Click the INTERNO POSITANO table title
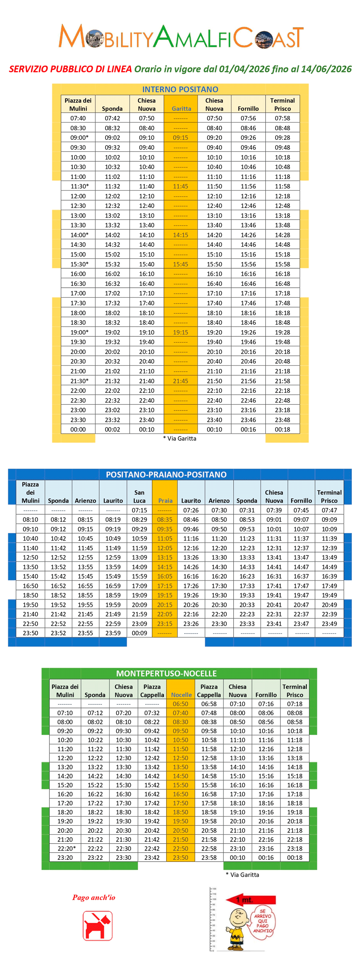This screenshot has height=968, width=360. coord(180,89)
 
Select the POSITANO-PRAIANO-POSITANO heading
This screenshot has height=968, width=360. coord(166,474)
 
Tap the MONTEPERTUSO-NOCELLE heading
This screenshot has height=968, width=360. coord(166,673)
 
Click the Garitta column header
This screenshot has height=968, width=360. coord(181,109)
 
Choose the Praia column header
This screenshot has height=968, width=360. coord(165,501)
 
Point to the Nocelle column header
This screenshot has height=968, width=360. coord(181,695)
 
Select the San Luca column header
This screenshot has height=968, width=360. coord(139,496)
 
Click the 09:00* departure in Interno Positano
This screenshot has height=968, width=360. coord(79,138)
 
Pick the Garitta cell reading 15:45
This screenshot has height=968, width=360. coord(180,264)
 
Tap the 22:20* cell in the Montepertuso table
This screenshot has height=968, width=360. coord(66,848)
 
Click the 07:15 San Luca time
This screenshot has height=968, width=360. coord(139,510)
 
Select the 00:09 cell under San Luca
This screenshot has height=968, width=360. coord(139,633)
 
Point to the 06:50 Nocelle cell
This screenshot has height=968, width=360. coord(180,704)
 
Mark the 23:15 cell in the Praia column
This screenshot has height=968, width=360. coord(165,624)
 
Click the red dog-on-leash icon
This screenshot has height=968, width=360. coord(97,925)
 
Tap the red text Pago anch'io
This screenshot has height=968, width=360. coord(94,897)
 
